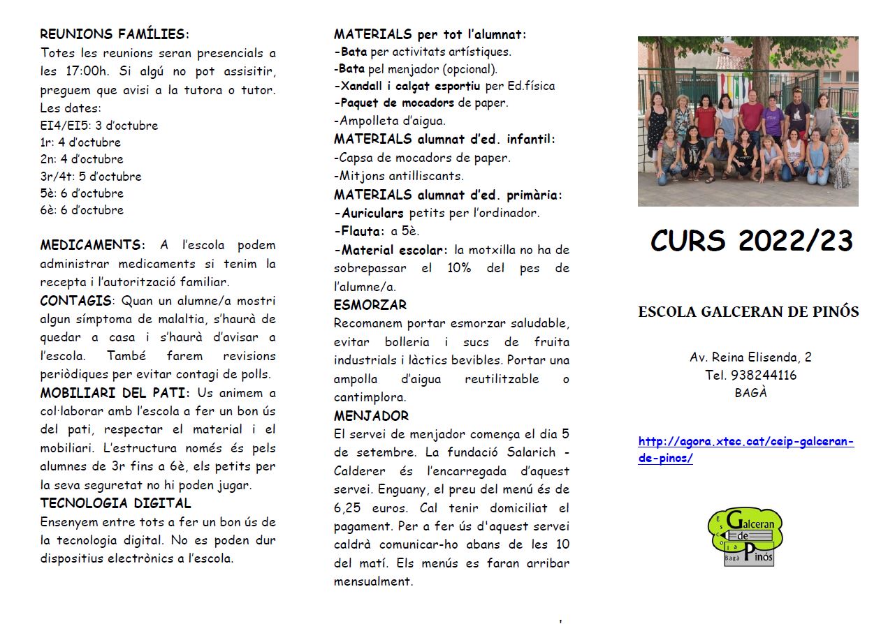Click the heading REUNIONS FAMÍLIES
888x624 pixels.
point(114,34)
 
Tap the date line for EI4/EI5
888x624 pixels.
point(99,126)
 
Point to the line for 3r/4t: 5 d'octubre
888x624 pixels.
point(91,177)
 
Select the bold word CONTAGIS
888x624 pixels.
point(75,301)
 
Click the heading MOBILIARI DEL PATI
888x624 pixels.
point(115,393)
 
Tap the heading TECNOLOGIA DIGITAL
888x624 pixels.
point(115,503)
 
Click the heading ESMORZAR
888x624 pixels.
point(370,305)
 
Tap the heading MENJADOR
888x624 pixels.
point(372,416)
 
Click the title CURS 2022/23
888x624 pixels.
point(752,241)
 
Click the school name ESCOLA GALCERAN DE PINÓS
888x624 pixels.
point(748,312)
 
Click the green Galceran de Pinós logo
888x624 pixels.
point(745,537)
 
